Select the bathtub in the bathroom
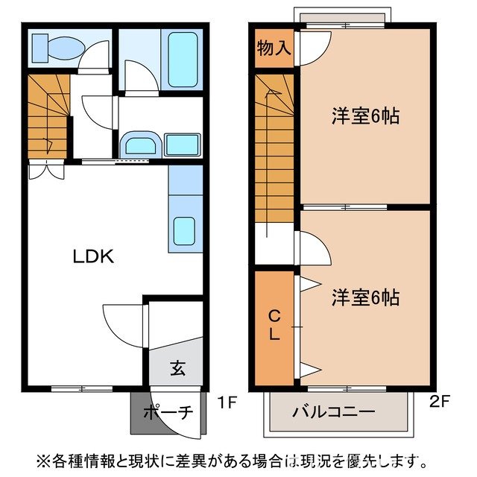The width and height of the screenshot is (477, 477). click(x=183, y=59)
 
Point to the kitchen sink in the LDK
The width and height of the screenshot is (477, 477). click(x=185, y=231)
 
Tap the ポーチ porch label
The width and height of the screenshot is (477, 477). click(x=168, y=411)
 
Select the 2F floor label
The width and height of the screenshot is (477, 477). click(x=440, y=403)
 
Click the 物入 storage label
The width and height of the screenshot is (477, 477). click(x=274, y=49)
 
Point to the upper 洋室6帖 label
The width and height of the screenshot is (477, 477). click(x=365, y=116)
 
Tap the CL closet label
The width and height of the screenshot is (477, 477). click(x=274, y=326)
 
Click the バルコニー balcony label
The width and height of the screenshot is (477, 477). click(x=333, y=412)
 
